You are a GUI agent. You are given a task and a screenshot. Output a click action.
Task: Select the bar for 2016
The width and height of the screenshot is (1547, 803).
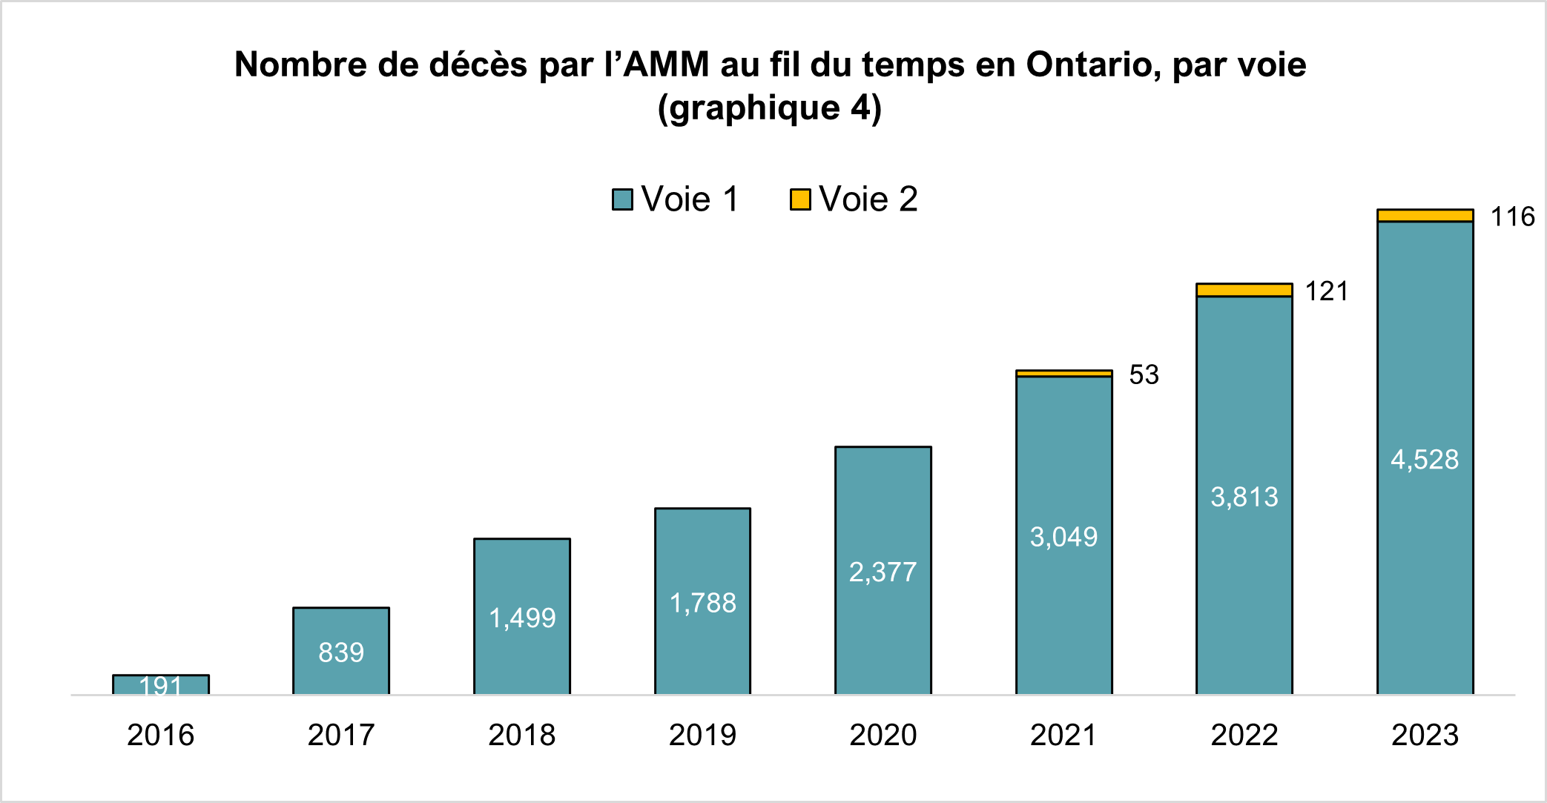pos(161,684)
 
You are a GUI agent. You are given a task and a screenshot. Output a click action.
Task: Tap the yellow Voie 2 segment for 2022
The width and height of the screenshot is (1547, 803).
pos(1244,290)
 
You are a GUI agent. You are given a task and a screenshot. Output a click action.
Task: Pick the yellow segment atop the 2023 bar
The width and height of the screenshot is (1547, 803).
pos(1425,216)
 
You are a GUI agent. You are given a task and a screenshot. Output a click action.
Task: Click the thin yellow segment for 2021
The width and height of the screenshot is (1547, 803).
pos(1063,374)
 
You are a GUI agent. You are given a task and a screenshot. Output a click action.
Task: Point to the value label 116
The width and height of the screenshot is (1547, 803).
pos(1512,217)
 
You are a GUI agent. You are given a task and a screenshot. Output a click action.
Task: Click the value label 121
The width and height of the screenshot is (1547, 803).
pos(1326,291)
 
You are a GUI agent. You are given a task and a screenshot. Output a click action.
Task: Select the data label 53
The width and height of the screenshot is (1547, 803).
pos(1144,375)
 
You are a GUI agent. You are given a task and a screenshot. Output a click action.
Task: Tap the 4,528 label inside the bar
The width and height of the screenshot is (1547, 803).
pos(1424,460)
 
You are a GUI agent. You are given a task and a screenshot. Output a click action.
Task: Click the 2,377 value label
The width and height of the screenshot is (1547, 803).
pos(883,572)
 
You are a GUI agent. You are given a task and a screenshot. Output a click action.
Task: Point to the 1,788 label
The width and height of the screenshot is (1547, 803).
pos(702,604)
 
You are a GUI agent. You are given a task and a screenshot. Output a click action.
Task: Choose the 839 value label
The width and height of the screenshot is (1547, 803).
pos(341,652)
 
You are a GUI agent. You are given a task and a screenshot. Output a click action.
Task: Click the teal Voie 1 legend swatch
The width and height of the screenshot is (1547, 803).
pos(622,199)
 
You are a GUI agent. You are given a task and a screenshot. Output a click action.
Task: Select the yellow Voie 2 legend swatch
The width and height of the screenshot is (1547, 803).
pos(800,199)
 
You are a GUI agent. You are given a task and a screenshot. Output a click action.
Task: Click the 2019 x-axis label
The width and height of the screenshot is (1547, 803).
pos(702,736)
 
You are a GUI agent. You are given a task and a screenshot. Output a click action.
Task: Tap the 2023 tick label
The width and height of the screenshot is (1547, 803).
pos(1425,736)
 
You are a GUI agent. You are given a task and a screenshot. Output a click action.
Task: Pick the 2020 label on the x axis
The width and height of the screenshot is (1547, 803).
pos(883,736)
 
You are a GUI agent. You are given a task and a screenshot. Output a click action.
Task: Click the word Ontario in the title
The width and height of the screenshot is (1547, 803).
pos(1087,65)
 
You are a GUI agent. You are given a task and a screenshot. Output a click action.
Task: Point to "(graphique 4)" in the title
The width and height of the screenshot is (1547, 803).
pos(770,108)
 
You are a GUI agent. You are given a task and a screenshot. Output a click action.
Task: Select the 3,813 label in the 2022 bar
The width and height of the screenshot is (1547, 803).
pos(1244,497)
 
